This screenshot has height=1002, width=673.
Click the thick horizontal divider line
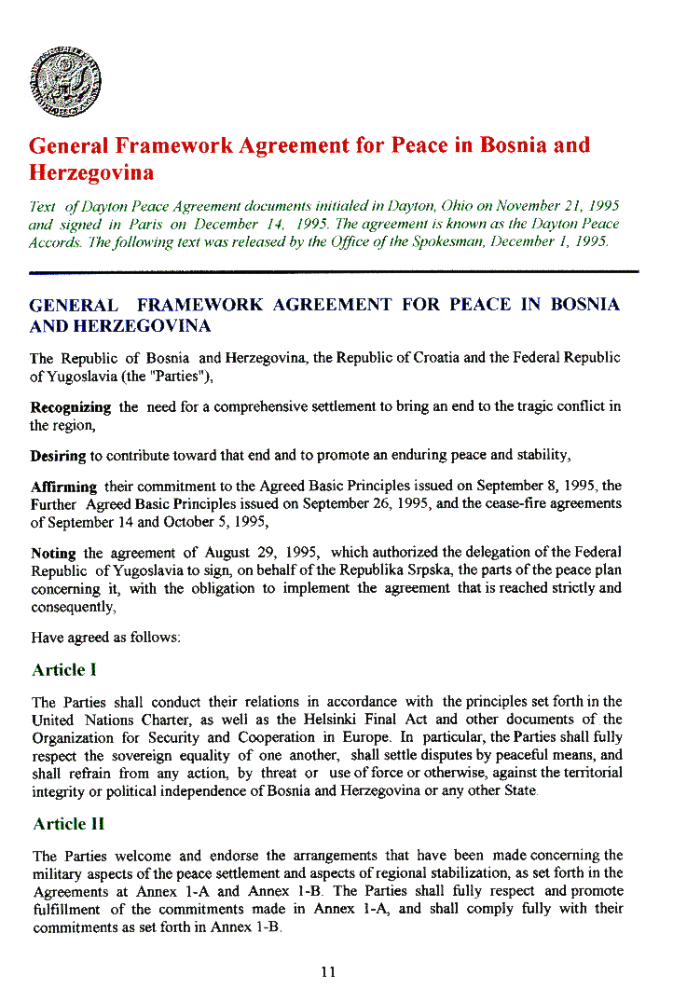tap(334, 272)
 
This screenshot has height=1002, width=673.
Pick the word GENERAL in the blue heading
tap(74, 305)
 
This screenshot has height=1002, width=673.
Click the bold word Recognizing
tap(71, 407)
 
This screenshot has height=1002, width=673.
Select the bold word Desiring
tap(58, 456)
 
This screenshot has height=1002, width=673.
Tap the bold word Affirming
tap(63, 487)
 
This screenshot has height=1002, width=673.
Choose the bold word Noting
tap(53, 553)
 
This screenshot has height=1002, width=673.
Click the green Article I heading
tap(64, 670)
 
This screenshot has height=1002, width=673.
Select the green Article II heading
tap(68, 824)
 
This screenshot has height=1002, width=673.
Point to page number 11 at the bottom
tap(327, 972)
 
